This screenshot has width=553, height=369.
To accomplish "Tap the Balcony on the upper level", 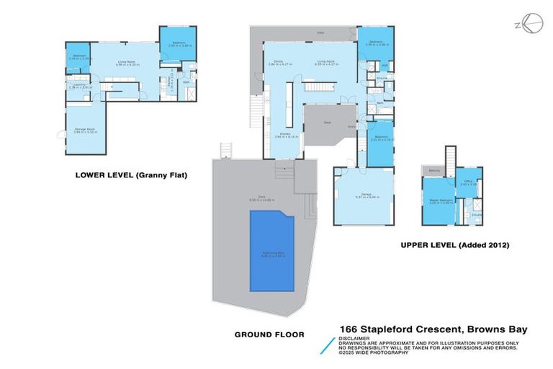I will click(433, 169).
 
